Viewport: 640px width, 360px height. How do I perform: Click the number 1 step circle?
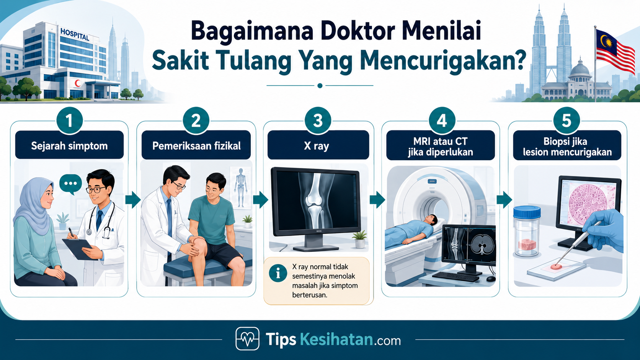pyautogui.click(x=69, y=121)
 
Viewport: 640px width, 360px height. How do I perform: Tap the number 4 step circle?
pyautogui.click(x=442, y=121)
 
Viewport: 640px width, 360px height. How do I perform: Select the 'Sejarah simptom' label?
pyautogui.click(x=69, y=146)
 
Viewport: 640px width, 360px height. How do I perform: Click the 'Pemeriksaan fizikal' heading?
pyautogui.click(x=196, y=146)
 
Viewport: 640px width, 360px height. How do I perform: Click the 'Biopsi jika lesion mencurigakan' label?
pyautogui.click(x=567, y=147)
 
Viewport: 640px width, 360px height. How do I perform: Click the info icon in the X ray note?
pyautogui.click(x=278, y=273)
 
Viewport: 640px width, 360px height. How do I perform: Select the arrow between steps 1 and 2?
pyautogui.click(x=133, y=199)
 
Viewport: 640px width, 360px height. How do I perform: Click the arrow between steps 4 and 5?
pyautogui.click(x=504, y=199)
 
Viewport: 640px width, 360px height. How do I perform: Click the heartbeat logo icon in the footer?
pyautogui.click(x=247, y=339)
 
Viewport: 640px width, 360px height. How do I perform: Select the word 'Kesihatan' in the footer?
pyautogui.click(x=336, y=339)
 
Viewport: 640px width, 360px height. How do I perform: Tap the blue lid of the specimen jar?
pyautogui.click(x=527, y=212)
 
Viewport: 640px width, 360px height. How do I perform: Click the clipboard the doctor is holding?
pyautogui.click(x=80, y=249)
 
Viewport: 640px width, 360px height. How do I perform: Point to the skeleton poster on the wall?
pyautogui.click(x=240, y=187)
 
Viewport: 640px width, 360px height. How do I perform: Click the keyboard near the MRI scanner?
pyautogui.click(x=456, y=277)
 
